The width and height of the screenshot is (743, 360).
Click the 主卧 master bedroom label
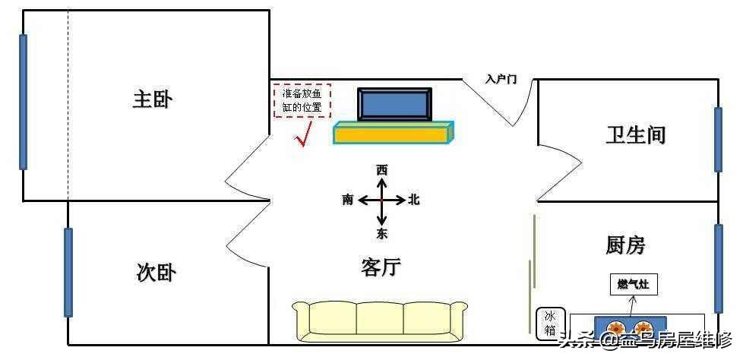pos(153,100)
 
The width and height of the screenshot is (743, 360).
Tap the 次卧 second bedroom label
pos(156,273)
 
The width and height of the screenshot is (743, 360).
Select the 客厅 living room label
pos(381,268)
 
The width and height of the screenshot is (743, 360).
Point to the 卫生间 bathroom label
pos(636,135)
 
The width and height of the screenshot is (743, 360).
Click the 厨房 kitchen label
pos(625,246)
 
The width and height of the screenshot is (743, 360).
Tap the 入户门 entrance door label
pos(501,80)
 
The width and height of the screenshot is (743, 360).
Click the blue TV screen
pos(394,104)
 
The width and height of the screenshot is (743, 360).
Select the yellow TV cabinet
pos(394,133)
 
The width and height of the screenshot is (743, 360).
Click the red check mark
pos(303,134)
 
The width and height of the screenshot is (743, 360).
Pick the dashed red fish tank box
pos(302,100)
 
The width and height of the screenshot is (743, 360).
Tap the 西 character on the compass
pos(381,170)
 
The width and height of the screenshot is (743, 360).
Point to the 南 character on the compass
pos(347,201)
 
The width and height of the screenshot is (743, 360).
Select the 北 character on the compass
pos(414,201)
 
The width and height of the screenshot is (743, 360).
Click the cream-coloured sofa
pos(380,321)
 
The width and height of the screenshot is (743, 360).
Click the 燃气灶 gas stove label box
pos(633,285)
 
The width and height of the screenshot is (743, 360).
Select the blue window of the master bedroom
pos(23,102)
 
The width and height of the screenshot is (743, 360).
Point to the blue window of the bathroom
pos(719,140)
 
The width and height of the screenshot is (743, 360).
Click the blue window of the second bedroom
pos(68,273)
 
